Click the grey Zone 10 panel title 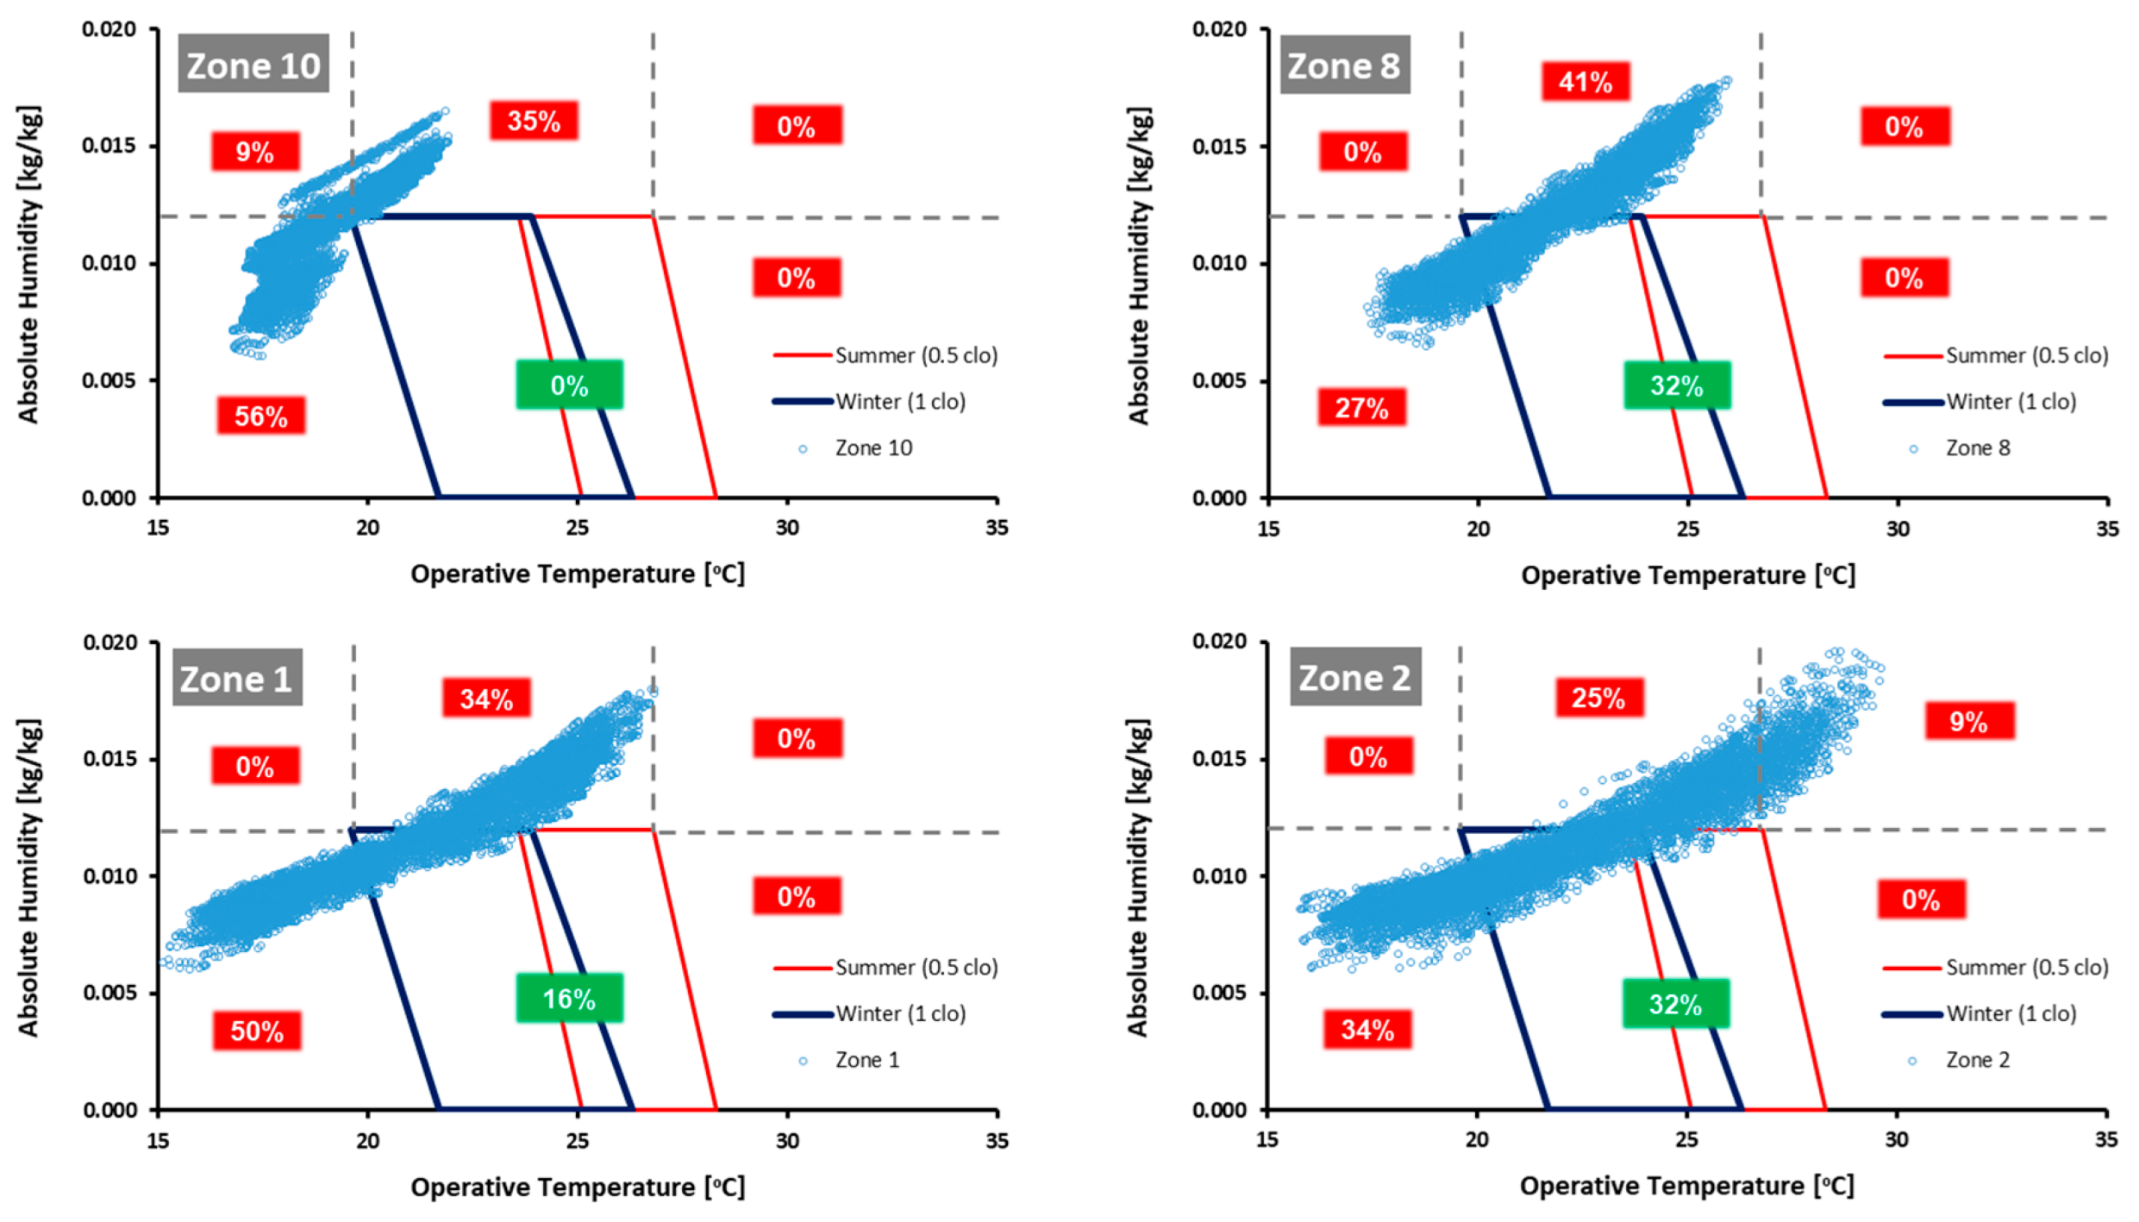pos(253,65)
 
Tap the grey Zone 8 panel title pos(1343,65)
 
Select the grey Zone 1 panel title pos(236,678)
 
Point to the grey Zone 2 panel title pos(1354,677)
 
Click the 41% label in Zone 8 pos(1585,82)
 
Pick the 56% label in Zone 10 pos(260,416)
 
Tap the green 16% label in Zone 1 pos(569,998)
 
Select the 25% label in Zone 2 pos(1598,697)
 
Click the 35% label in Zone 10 pos(534,121)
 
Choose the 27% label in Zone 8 pos(1361,407)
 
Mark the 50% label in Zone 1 pos(257,1031)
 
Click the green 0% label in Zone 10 pos(569,385)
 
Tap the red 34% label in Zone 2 pos(1367,1029)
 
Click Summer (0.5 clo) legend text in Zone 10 pos(916,355)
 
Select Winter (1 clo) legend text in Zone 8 pos(2011,401)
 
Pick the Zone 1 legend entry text pos(866,1060)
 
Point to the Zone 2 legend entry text pos(1977,1060)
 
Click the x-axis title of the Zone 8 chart pos(1687,575)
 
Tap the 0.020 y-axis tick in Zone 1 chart pos(109,642)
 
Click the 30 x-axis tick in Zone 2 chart pos(1896,1140)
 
